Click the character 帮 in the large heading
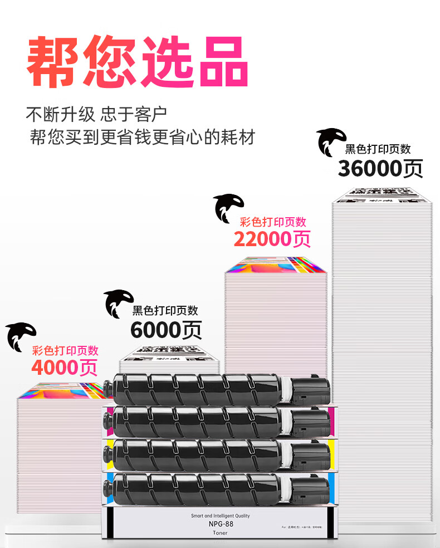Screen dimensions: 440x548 click(54, 62)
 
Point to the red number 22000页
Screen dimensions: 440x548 click(272, 239)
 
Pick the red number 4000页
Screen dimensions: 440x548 click(64, 368)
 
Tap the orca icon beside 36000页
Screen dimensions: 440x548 click(332, 143)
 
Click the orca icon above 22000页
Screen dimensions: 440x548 click(229, 208)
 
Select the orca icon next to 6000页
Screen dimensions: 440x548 click(119, 304)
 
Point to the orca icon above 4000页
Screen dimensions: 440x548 click(21, 337)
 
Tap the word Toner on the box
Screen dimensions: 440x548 click(219, 533)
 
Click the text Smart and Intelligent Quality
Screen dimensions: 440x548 click(219, 516)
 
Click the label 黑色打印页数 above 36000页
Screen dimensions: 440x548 click(378, 149)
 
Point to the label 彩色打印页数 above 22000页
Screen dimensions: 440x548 click(273, 222)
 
